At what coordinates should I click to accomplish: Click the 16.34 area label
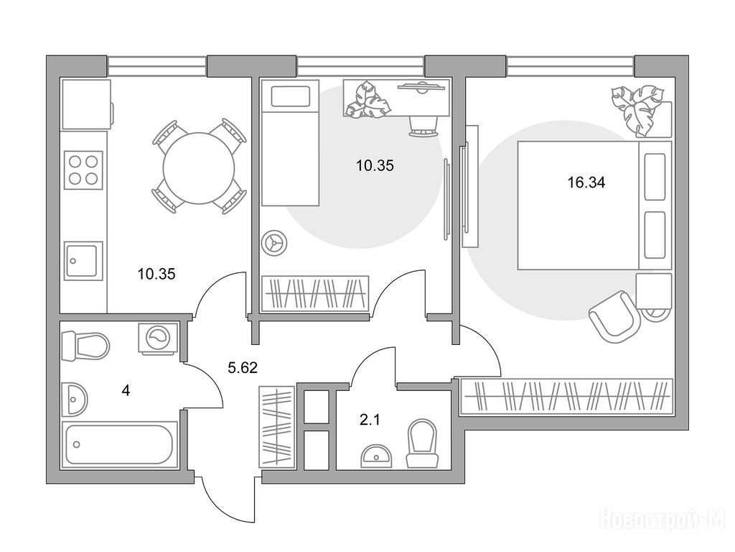pyautogui.click(x=586, y=183)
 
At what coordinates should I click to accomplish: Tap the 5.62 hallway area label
pyautogui.click(x=242, y=368)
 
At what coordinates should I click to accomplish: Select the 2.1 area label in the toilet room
pyautogui.click(x=370, y=419)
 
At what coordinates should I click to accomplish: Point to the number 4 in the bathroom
pyautogui.click(x=126, y=391)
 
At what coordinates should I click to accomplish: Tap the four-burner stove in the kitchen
pyautogui.click(x=83, y=170)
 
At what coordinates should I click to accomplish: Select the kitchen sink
pyautogui.click(x=83, y=260)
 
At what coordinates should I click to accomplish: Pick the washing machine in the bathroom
pyautogui.click(x=157, y=337)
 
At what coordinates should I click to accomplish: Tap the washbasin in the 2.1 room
pyautogui.click(x=375, y=456)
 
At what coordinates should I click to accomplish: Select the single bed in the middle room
pyautogui.click(x=289, y=143)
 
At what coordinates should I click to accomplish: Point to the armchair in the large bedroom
pyautogui.click(x=614, y=313)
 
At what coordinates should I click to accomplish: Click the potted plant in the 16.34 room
pyautogui.click(x=638, y=108)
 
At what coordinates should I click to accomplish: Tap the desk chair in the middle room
pyautogui.click(x=423, y=124)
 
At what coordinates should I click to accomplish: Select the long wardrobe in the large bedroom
pyautogui.click(x=566, y=396)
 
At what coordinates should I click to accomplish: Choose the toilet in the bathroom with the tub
pyautogui.click(x=85, y=346)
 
